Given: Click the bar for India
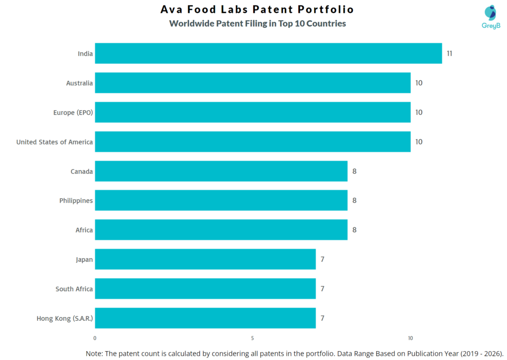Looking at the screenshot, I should click(x=268, y=53).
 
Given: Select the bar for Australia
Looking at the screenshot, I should click(x=253, y=83).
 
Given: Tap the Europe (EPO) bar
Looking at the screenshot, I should click(x=253, y=112).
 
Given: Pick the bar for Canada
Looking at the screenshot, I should click(x=221, y=171).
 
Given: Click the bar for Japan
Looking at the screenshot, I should click(x=205, y=259).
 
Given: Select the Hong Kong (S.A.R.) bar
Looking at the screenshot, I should click(x=205, y=318).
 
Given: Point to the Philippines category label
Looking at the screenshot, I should click(x=76, y=201).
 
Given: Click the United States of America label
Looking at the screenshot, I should click(x=54, y=142).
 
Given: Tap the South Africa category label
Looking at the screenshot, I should click(x=74, y=289).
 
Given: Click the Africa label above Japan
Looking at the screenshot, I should click(x=84, y=230).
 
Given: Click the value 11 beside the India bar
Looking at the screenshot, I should click(x=449, y=53).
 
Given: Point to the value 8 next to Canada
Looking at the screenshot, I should click(x=354, y=171).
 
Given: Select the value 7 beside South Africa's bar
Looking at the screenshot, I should click(x=322, y=289).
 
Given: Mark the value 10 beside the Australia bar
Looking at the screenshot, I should click(x=418, y=83).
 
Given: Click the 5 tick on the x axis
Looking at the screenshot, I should click(x=253, y=338).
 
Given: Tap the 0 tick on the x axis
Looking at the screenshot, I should click(x=95, y=338).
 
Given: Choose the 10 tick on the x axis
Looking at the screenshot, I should click(x=410, y=338).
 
